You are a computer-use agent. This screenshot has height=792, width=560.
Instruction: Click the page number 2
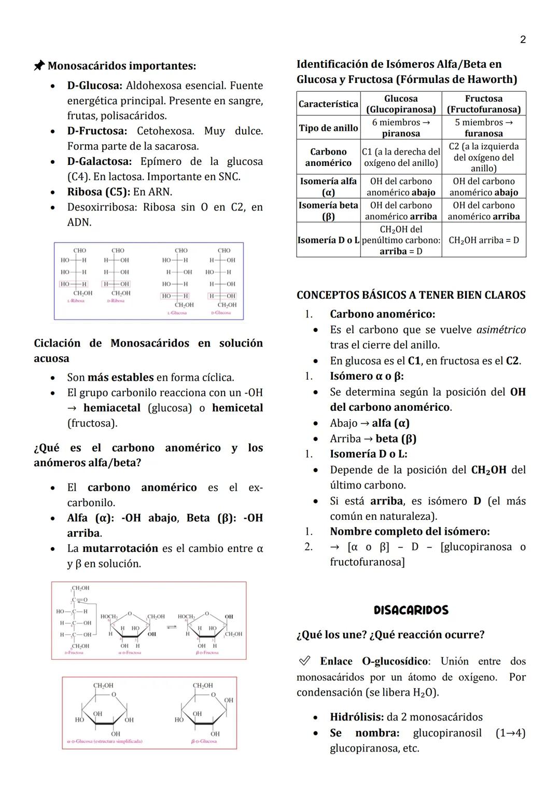tap(523, 40)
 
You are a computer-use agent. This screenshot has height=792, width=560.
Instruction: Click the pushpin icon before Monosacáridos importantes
tap(39, 66)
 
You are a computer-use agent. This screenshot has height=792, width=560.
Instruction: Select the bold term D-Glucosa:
tap(94, 86)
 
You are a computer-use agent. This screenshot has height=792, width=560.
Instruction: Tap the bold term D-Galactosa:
tap(99, 161)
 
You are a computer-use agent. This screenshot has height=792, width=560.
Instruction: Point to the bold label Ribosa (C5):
tap(99, 192)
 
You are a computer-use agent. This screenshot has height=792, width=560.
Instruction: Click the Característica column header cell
tap(328, 104)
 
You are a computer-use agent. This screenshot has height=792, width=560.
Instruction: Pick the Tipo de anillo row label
tap(328, 128)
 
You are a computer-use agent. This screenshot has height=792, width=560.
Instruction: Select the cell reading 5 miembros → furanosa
tap(483, 128)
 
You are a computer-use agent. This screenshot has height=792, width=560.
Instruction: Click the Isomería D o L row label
tap(328, 240)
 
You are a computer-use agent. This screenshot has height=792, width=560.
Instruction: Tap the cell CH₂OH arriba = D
tap(483, 240)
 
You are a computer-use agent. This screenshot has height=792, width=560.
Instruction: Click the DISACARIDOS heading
tap(411, 610)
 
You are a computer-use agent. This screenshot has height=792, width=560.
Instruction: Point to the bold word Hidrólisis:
tap(357, 717)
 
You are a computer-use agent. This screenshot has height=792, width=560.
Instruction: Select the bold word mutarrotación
tap(120, 548)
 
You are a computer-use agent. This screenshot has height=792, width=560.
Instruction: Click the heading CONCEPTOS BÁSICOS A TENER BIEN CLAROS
tap(411, 295)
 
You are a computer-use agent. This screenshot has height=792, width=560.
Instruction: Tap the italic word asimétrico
tap(501, 330)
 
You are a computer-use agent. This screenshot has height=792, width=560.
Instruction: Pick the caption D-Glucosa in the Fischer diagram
tap(221, 313)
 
